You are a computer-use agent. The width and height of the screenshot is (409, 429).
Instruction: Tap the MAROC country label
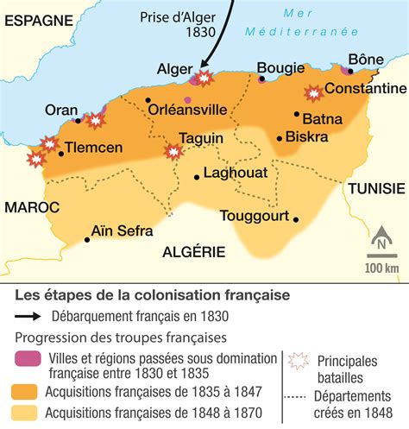point(31,208)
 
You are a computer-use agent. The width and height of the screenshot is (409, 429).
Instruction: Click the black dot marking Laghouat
point(198,177)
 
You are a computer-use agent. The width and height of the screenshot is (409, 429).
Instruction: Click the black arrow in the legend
point(33,315)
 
